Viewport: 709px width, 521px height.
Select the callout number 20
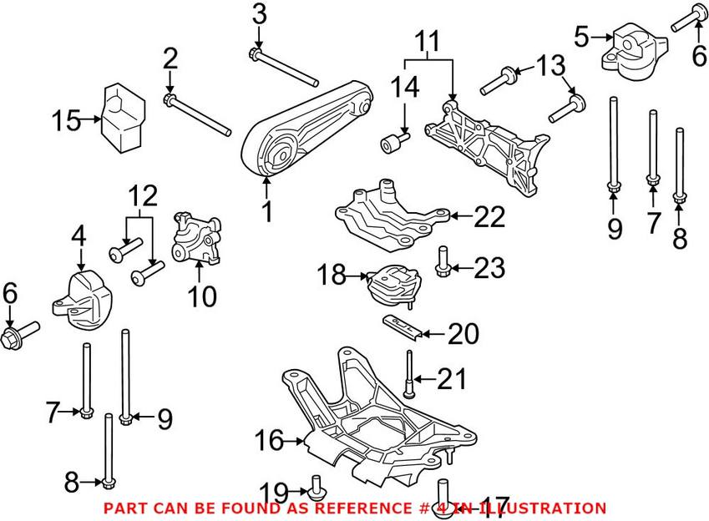pos(463,334)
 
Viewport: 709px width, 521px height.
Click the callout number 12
pos(142,197)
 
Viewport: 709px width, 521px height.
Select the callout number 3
pos(259,14)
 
